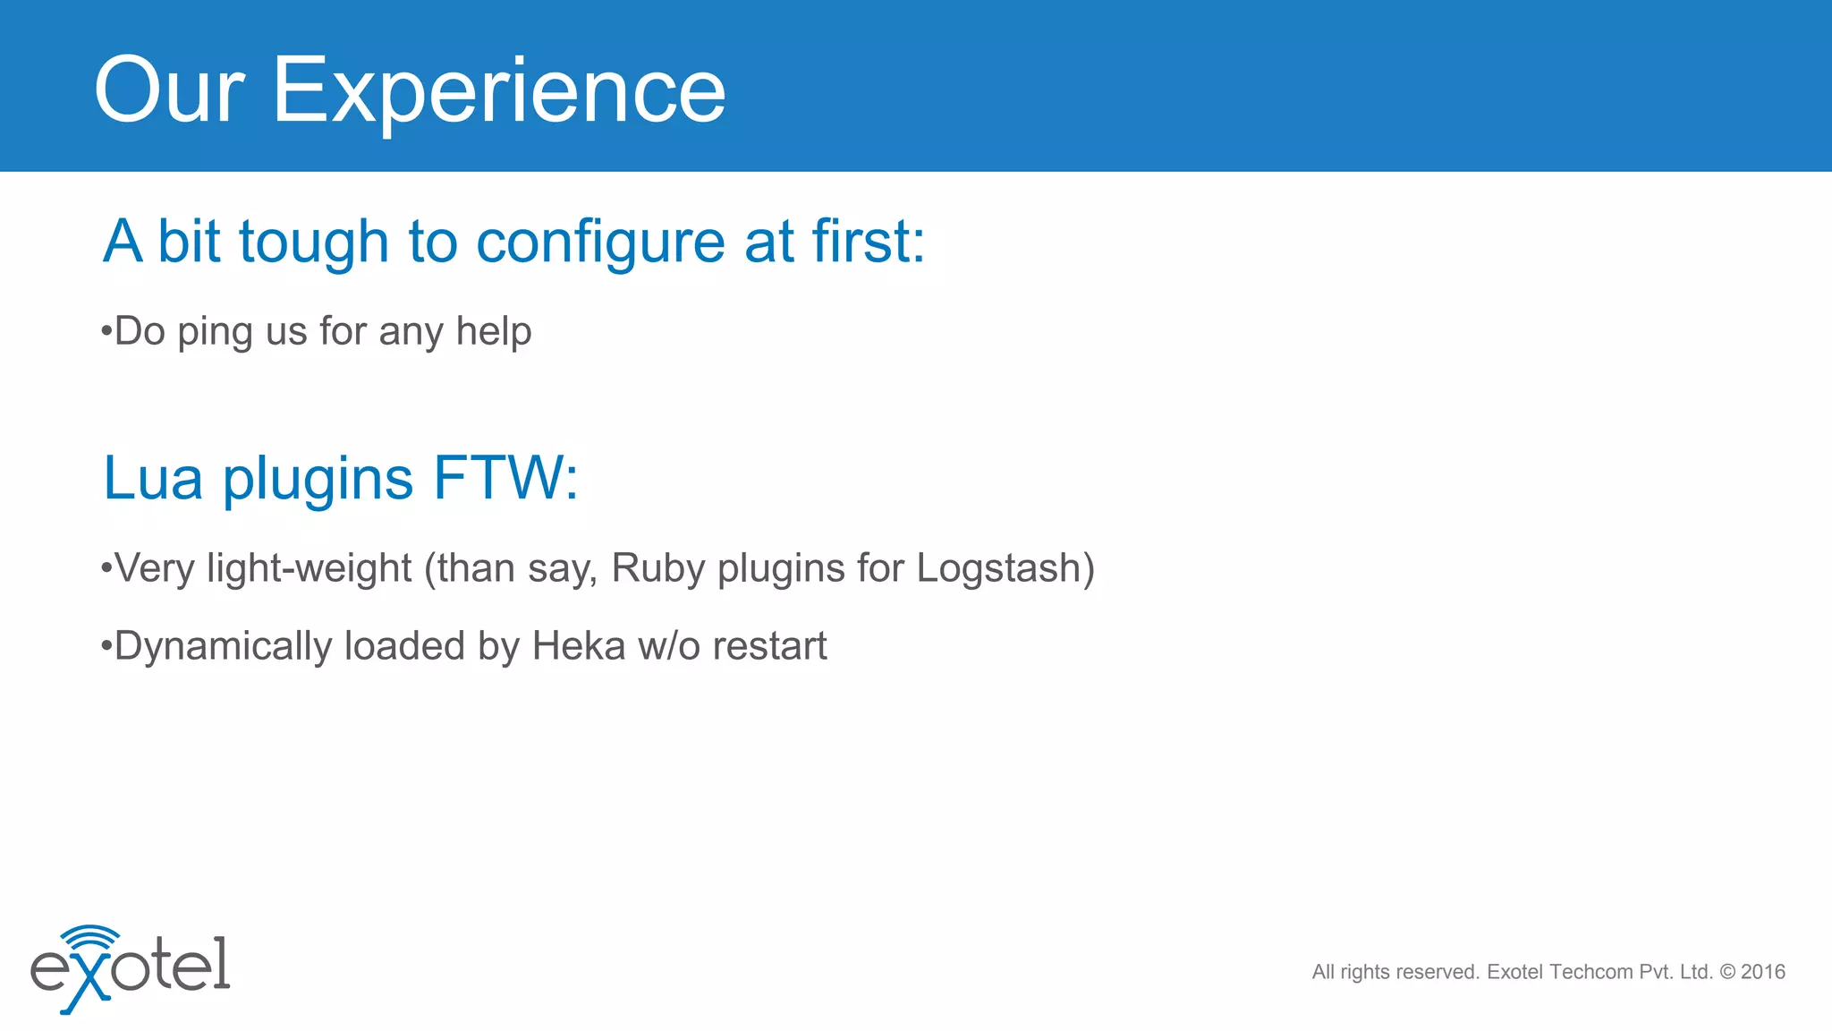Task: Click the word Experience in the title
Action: coord(498,91)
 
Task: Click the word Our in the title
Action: coord(169,91)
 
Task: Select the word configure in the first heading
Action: coord(600,243)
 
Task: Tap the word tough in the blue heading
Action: coord(313,243)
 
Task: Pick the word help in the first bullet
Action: coord(494,331)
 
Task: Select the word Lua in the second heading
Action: coord(153,479)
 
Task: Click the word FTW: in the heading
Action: coord(506,479)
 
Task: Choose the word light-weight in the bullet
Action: coord(309,569)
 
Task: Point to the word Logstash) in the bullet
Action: coord(1005,569)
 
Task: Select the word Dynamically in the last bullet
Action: coord(223,647)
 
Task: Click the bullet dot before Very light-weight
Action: coord(106,567)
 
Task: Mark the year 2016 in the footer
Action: coord(1763,972)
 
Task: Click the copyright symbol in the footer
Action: coord(1727,972)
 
